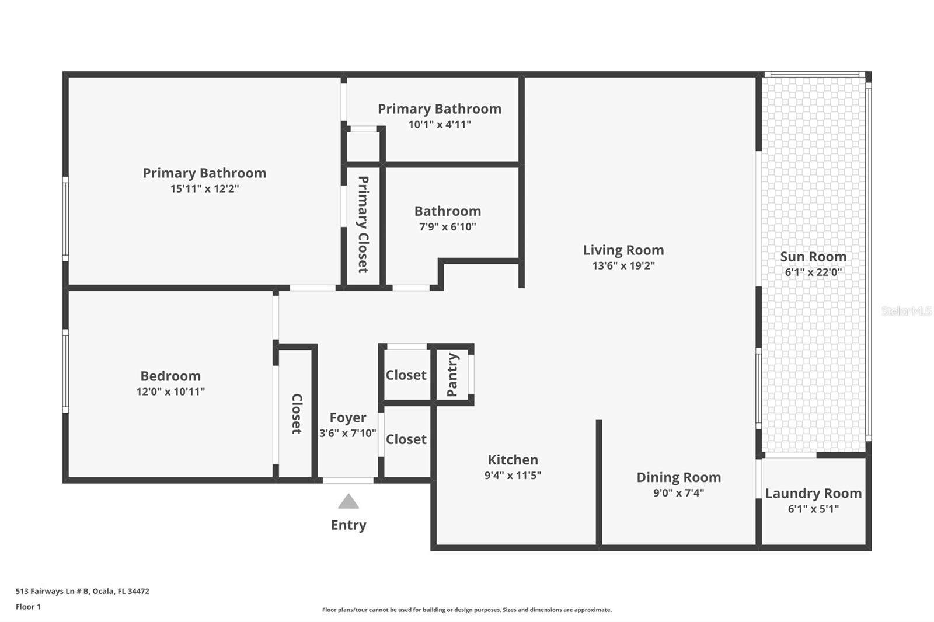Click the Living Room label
pyautogui.click(x=623, y=250)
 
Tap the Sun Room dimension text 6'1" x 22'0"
pyautogui.click(x=813, y=272)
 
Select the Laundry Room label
pyautogui.click(x=813, y=493)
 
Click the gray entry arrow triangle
pyautogui.click(x=348, y=502)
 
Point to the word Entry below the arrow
pyautogui.click(x=348, y=525)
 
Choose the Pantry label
pyautogui.click(x=452, y=375)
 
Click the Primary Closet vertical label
pyautogui.click(x=363, y=225)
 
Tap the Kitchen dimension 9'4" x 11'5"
pyautogui.click(x=513, y=476)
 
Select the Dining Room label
pyautogui.click(x=678, y=477)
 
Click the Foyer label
pyautogui.click(x=348, y=418)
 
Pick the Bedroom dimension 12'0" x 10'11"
pyautogui.click(x=170, y=392)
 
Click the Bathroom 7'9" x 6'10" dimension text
pyautogui.click(x=448, y=227)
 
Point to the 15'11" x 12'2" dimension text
pyautogui.click(x=204, y=189)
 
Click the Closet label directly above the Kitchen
pyautogui.click(x=406, y=439)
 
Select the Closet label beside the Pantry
pyautogui.click(x=406, y=375)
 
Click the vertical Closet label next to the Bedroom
pyautogui.click(x=297, y=414)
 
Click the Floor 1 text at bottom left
pyautogui.click(x=28, y=607)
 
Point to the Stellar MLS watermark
pyautogui.click(x=906, y=311)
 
